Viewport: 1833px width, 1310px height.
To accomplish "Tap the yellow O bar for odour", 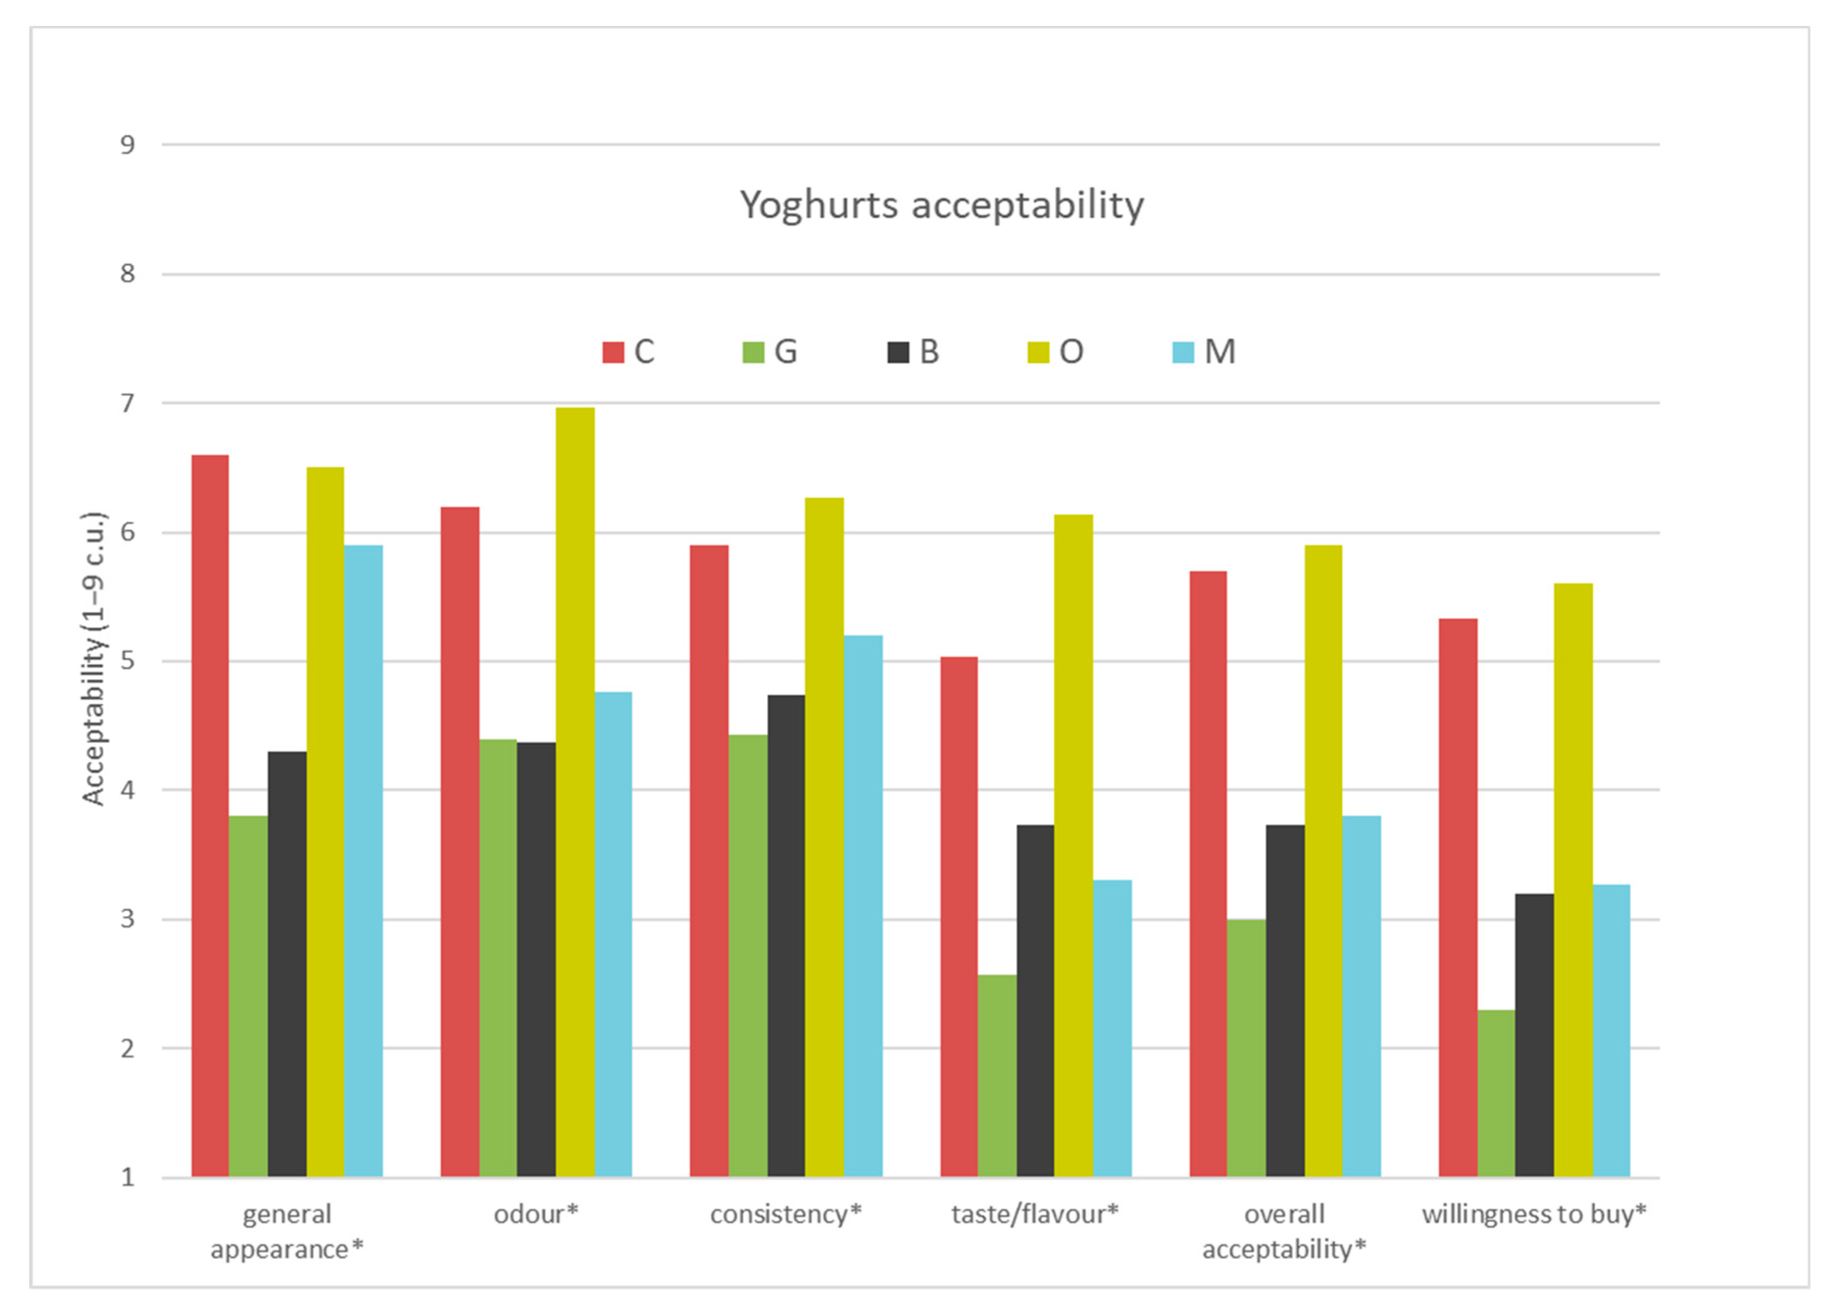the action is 575,792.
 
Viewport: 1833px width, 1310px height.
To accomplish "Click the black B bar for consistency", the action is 786,936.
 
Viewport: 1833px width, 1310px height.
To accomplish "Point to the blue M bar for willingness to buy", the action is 1611,1031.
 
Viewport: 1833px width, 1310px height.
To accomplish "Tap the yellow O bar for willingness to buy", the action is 1573,880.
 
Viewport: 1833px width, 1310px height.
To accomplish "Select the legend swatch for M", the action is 1183,353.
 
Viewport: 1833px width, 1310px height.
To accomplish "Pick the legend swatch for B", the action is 898,353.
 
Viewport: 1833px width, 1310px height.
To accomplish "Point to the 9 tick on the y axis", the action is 128,145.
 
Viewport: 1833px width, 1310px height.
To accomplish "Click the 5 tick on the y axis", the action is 128,661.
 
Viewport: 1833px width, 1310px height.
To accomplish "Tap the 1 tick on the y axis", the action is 128,1178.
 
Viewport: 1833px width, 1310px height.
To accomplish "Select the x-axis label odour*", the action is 536,1215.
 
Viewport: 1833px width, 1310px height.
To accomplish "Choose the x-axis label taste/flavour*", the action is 1035,1215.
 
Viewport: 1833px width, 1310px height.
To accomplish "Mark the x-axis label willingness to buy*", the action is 1534,1215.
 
